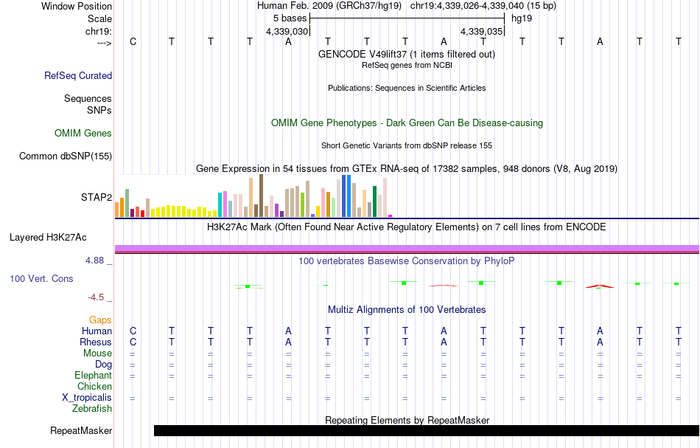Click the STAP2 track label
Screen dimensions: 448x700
click(x=96, y=197)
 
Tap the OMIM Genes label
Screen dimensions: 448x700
click(x=83, y=134)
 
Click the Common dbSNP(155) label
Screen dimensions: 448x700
click(x=66, y=156)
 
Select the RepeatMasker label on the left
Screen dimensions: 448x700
click(x=81, y=431)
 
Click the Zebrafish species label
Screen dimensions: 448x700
click(x=92, y=408)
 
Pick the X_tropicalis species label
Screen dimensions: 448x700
click(x=87, y=398)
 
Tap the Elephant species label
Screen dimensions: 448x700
click(x=93, y=376)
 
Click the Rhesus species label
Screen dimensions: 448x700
click(x=96, y=342)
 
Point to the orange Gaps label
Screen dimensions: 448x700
click(x=100, y=320)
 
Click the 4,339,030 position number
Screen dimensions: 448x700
click(x=287, y=32)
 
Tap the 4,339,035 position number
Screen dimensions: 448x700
click(x=481, y=32)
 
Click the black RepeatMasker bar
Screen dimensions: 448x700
click(x=426, y=431)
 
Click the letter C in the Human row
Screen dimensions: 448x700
click(x=133, y=331)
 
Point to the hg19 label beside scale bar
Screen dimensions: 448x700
click(x=522, y=18)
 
